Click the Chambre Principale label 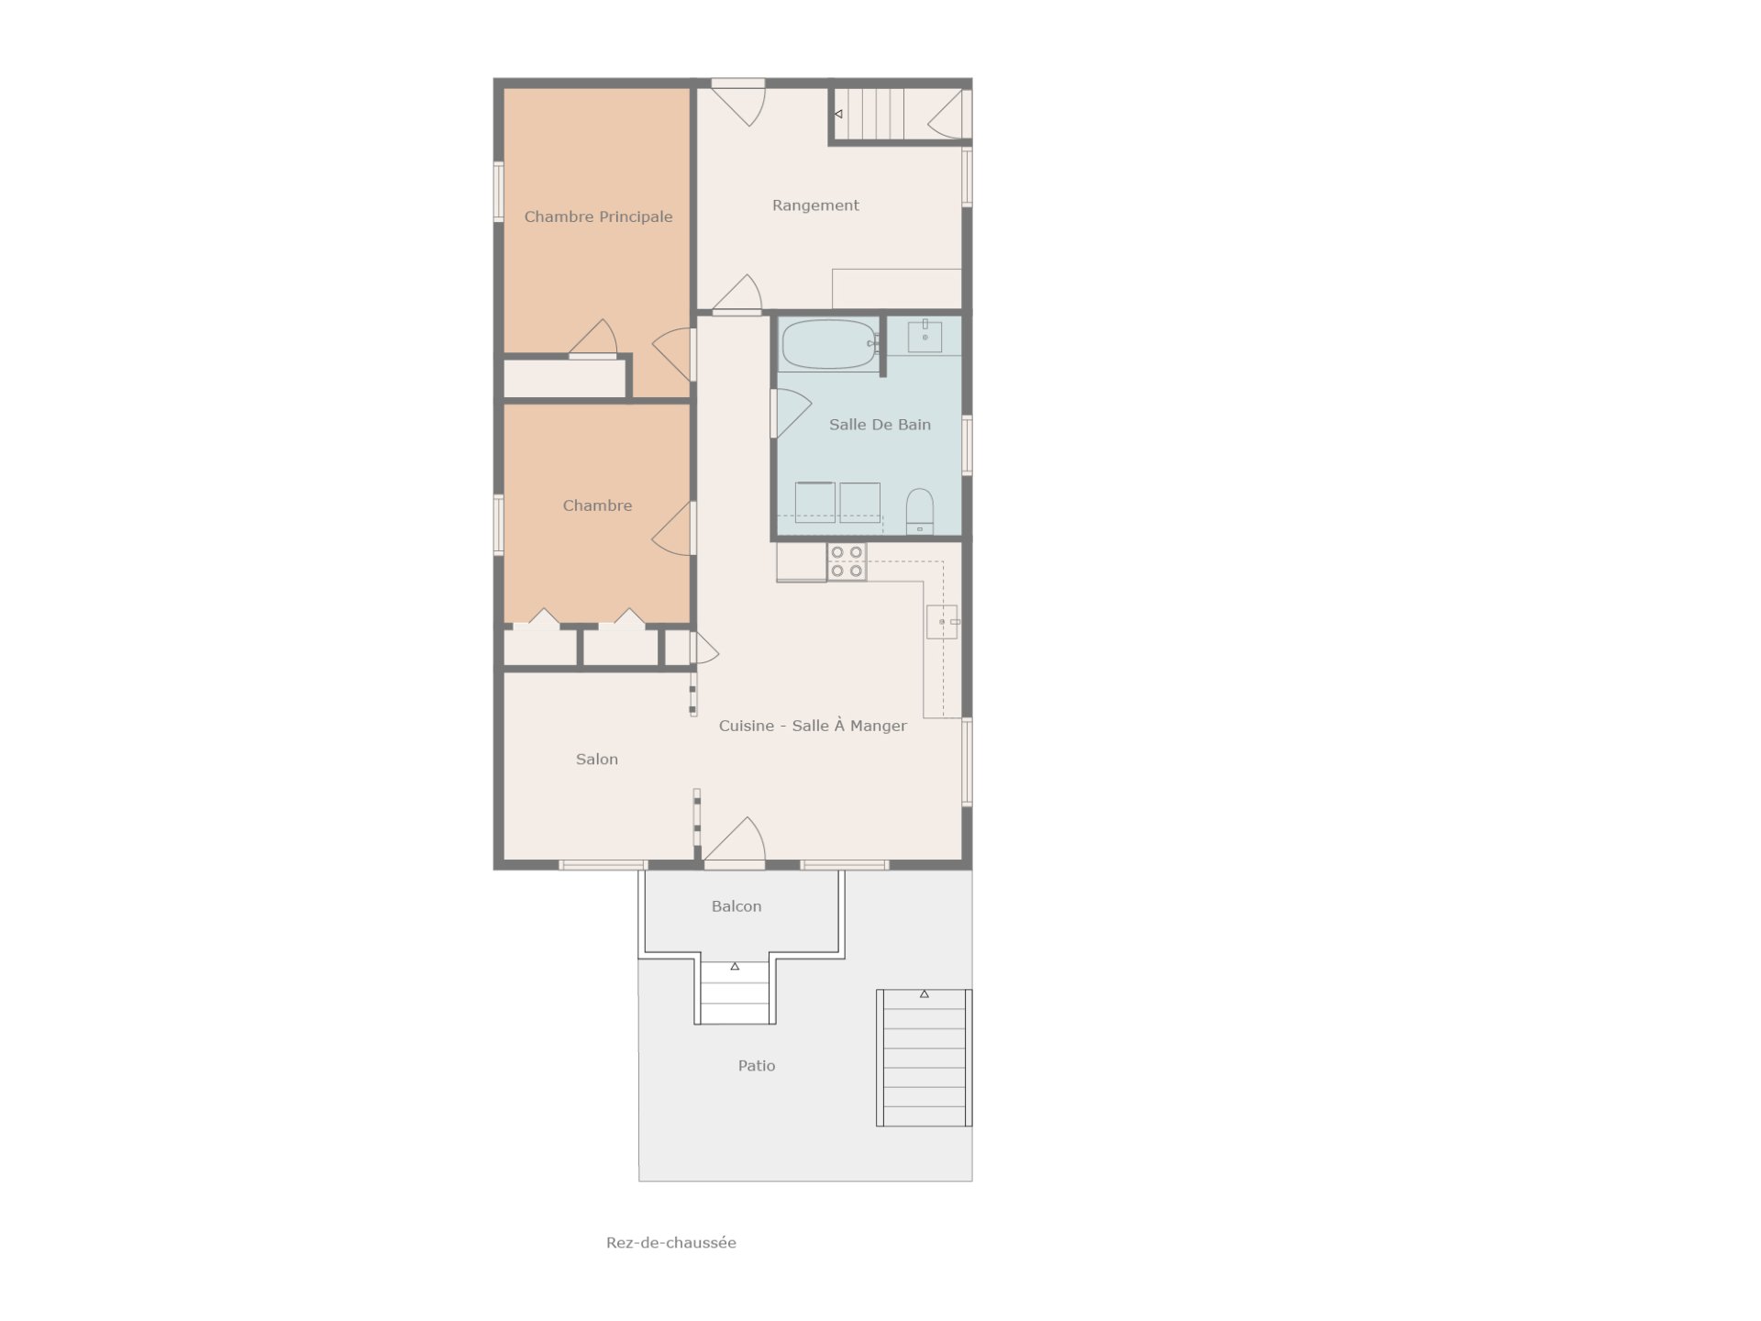point(598,216)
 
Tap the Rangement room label point(815,205)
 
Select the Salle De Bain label point(880,425)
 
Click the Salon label point(597,760)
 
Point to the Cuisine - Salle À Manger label point(813,726)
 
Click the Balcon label point(737,906)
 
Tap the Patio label point(757,1066)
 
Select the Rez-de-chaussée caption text point(671,1243)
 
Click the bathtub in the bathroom point(829,344)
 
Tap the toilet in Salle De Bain point(919,511)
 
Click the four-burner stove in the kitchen point(847,561)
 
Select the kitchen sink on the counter point(942,622)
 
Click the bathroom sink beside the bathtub point(925,337)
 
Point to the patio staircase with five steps point(924,1058)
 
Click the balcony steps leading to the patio point(736,993)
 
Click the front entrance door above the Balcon point(734,842)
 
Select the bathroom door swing point(792,413)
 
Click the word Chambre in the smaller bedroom point(597,505)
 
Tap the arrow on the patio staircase point(925,994)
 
